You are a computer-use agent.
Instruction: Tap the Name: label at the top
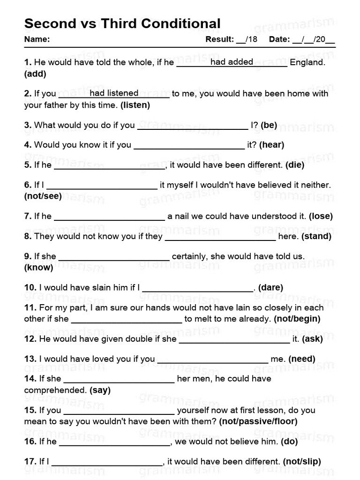click(x=37, y=39)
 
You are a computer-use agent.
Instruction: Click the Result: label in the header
click(x=219, y=39)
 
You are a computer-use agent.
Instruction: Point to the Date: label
click(x=279, y=39)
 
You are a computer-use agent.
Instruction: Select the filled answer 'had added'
click(x=232, y=62)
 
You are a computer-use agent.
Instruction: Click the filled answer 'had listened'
click(x=114, y=93)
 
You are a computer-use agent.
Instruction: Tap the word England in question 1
click(x=307, y=62)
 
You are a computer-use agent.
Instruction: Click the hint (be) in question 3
click(x=269, y=125)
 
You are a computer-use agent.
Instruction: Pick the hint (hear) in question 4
click(x=271, y=145)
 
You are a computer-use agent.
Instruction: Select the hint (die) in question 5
click(x=295, y=165)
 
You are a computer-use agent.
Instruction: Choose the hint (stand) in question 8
click(x=316, y=236)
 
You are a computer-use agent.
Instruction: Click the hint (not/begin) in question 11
click(x=297, y=319)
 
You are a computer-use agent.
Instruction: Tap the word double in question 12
click(x=117, y=338)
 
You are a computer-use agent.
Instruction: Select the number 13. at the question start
click(x=30, y=359)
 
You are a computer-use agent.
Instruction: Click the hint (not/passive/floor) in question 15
click(x=258, y=421)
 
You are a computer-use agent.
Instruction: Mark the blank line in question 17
click(x=107, y=465)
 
